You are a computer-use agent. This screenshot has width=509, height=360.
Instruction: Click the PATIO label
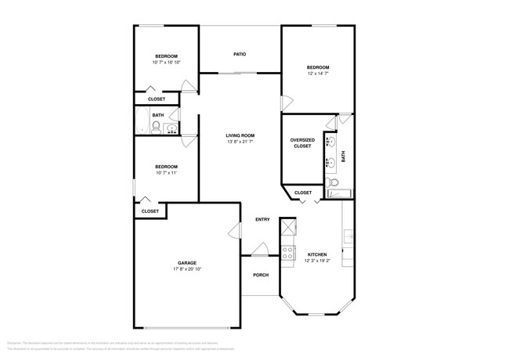pos(240,54)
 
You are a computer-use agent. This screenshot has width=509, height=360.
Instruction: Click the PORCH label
pos(261,275)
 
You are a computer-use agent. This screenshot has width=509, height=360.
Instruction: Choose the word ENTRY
pos(262,219)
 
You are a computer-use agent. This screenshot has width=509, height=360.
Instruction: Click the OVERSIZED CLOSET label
pos(302,142)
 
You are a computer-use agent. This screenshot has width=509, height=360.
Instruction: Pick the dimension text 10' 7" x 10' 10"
pos(166,63)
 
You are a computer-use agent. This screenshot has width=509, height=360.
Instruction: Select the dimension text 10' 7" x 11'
pos(166,173)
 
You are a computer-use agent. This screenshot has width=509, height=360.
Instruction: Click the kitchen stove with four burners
pos(288,252)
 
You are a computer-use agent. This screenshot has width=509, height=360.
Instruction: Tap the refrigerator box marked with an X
pos(288,228)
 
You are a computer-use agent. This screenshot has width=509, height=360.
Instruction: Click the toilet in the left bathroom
pos(157,128)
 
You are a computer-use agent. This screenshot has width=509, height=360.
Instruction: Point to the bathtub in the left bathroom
pos(142,123)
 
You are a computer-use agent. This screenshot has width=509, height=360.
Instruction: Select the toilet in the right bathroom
pos(332,182)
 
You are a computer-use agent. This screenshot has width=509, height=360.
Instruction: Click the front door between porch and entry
pos(261,250)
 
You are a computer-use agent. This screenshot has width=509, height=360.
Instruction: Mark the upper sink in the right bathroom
pos(331,142)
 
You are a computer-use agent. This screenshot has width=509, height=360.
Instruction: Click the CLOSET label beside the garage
pos(150,211)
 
